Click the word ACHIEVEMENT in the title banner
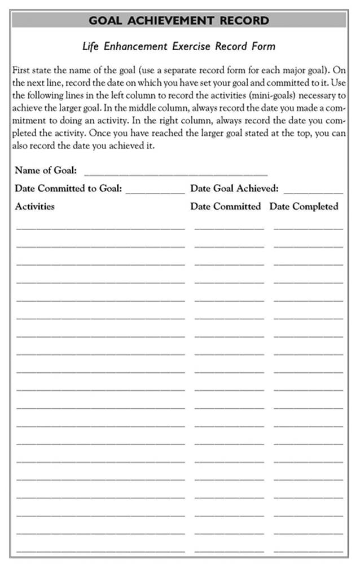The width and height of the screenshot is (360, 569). (x=175, y=21)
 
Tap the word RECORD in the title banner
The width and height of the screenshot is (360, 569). (x=245, y=21)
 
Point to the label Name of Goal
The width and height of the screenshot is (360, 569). (x=46, y=170)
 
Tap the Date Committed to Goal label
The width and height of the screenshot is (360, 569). (x=68, y=188)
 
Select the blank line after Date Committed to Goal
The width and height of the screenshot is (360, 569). (x=155, y=192)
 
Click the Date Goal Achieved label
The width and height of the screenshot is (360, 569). (x=234, y=188)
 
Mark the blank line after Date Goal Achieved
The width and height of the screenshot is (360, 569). (x=313, y=192)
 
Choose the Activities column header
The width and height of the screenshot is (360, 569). (x=35, y=206)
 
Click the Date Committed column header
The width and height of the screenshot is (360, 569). (x=226, y=206)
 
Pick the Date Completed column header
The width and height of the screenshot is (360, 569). (x=304, y=206)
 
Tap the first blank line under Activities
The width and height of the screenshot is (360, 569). (x=100, y=228)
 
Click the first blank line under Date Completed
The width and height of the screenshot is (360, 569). (x=308, y=228)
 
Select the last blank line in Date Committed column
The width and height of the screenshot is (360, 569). (x=229, y=550)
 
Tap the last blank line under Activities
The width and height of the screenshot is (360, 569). (x=100, y=550)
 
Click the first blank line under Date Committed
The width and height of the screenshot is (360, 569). (x=229, y=228)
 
